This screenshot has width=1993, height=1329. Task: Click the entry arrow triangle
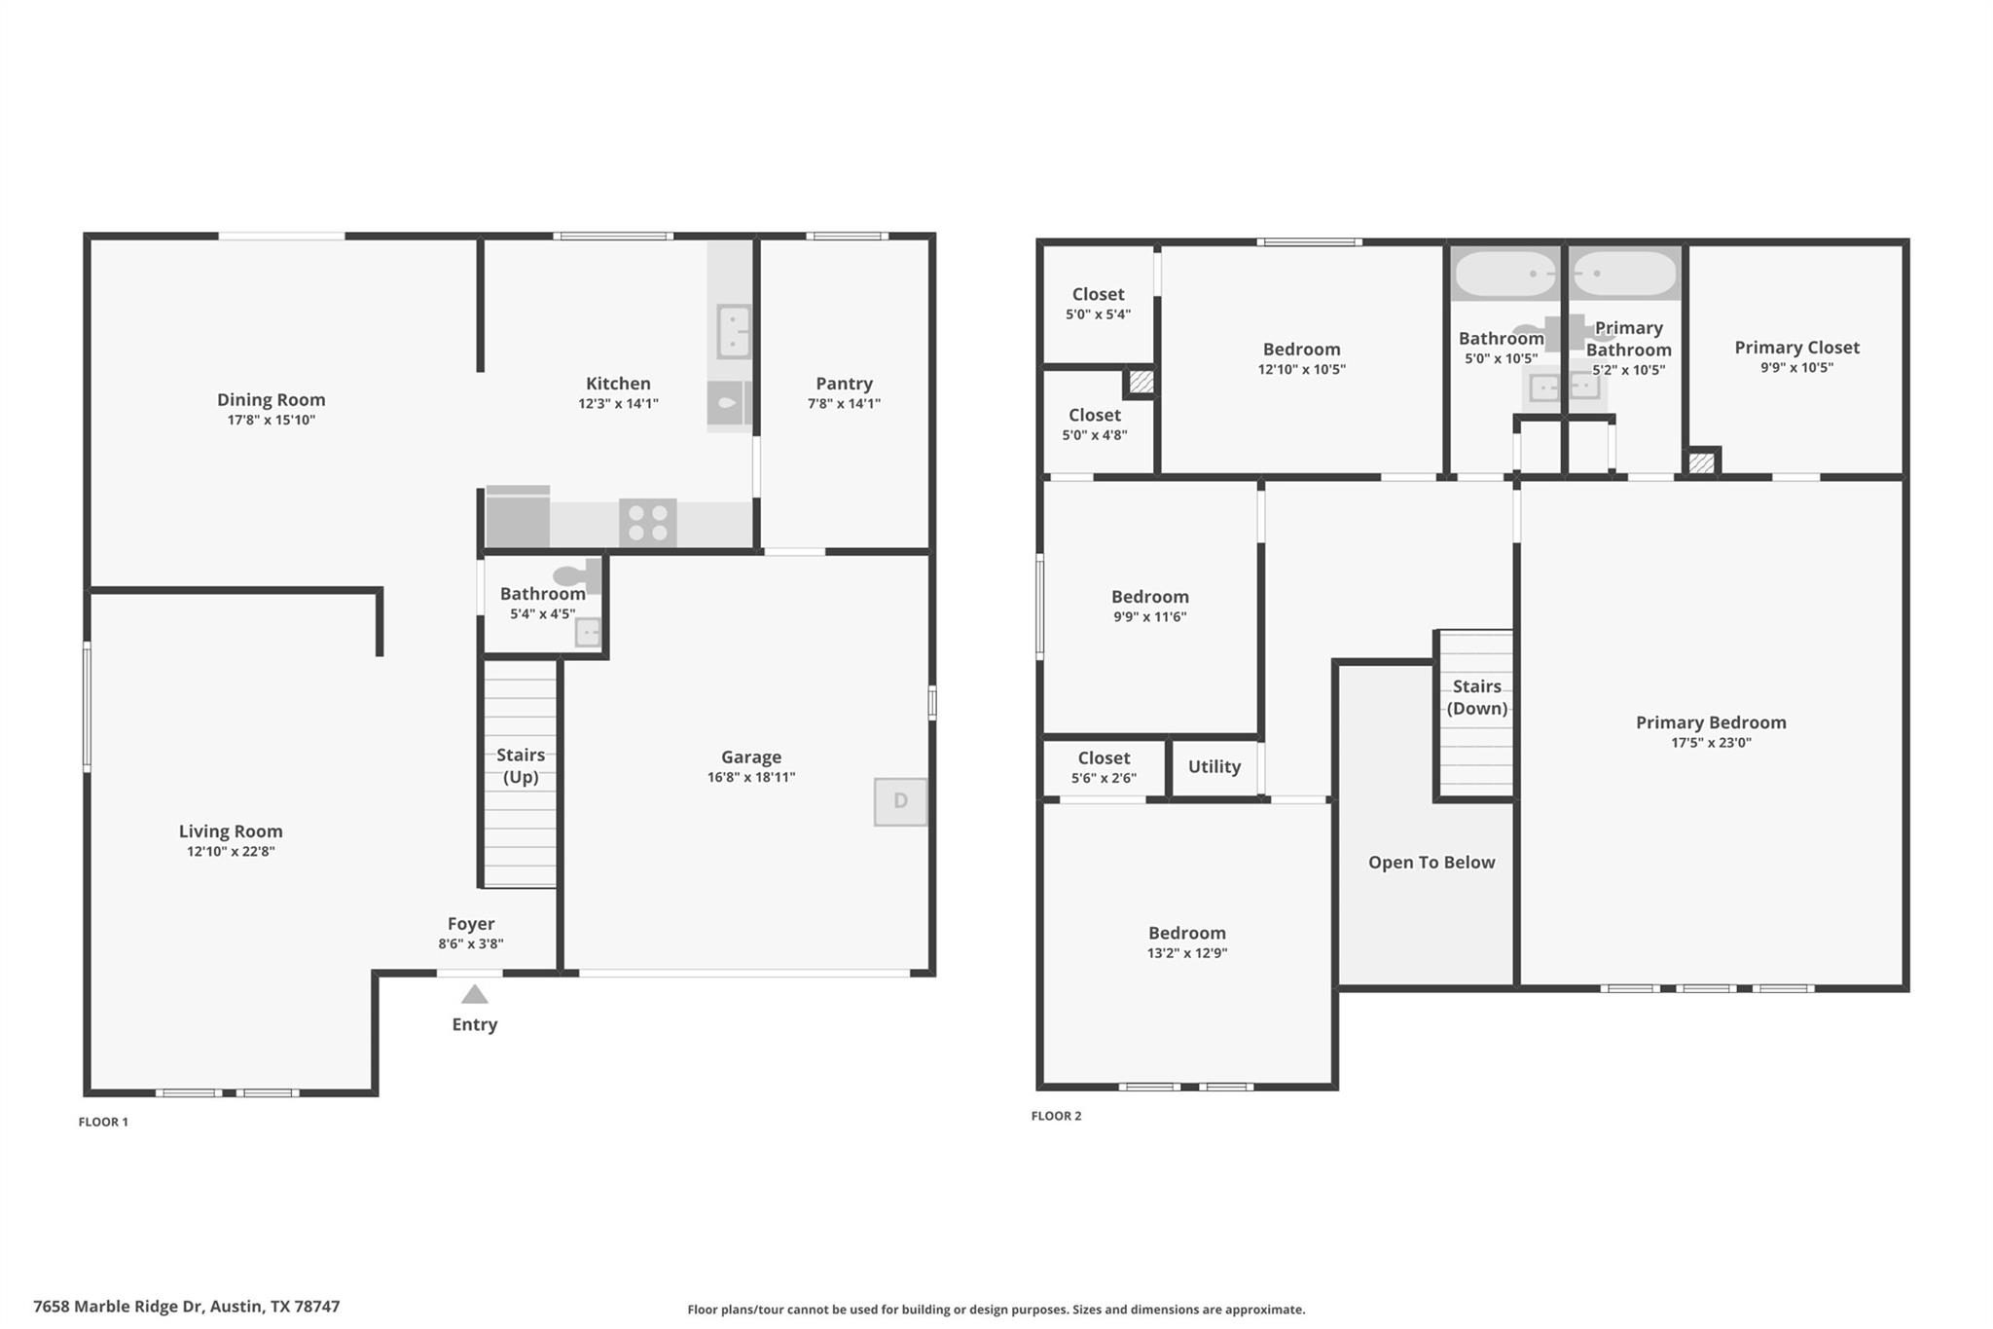coord(474,994)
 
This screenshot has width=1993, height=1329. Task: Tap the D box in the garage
coord(900,801)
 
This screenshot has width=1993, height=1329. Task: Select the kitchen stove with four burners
coord(648,523)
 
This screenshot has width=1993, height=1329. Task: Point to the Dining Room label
coord(271,399)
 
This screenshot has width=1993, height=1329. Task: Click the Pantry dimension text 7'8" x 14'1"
coord(844,403)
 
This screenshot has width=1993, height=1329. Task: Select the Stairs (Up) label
coord(521,765)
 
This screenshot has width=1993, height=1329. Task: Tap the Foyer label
coord(471,923)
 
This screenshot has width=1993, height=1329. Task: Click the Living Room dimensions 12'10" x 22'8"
coord(231,851)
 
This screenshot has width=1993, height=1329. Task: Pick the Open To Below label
coord(1431,862)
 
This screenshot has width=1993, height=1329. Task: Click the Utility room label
coord(1214,766)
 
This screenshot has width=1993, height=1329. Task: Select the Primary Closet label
coord(1796,347)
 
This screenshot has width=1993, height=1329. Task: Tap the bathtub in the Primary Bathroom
coord(1624,274)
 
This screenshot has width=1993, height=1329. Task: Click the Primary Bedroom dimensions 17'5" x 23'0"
coord(1710,742)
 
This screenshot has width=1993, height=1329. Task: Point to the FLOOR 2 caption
coord(1056,1116)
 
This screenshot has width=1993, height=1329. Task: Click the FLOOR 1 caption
coord(103,1122)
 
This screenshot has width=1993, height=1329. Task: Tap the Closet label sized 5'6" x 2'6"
coord(1104,757)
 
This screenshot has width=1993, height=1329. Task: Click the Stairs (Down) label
coord(1476,697)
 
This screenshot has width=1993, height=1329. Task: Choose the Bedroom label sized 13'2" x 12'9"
coord(1186,932)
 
